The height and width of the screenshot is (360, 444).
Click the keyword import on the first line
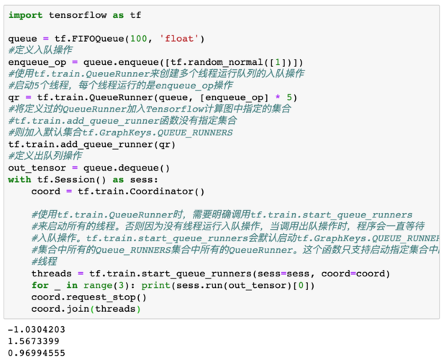coord(25,15)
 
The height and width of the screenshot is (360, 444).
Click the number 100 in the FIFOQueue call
coord(138,38)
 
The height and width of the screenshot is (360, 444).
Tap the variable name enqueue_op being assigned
coord(37,63)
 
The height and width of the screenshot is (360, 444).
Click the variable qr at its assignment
coord(14,98)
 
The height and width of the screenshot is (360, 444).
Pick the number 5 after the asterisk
coord(289,97)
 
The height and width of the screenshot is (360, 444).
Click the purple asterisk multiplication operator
coord(278,97)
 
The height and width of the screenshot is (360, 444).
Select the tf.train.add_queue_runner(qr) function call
coord(92,145)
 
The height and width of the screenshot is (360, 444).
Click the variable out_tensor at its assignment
coord(37,168)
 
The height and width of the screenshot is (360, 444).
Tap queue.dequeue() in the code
coord(127,168)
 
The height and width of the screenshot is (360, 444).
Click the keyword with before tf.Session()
coord(19,179)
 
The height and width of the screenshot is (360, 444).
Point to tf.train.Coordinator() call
coord(141,192)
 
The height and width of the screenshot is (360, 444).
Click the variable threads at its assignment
coord(52,274)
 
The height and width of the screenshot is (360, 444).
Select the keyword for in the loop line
coord(40,285)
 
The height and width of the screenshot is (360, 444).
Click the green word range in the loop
coord(98,286)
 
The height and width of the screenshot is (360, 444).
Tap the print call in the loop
coord(228,286)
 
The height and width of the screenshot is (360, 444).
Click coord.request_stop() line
coord(89,297)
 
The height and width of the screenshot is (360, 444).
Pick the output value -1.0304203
coord(37,330)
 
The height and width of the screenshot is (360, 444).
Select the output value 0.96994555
coord(37,354)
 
